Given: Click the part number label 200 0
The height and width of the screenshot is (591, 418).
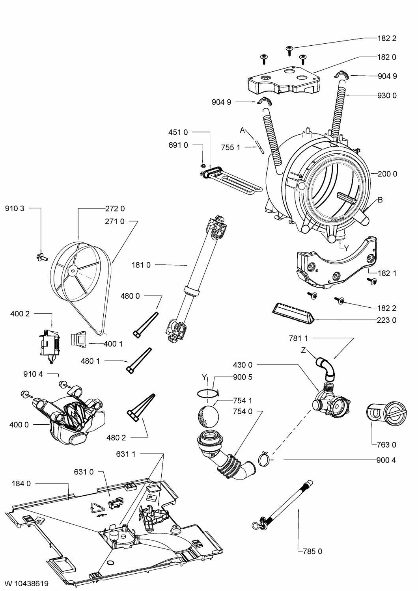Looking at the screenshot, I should [387, 174].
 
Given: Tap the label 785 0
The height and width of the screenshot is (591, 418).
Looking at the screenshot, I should [312, 552].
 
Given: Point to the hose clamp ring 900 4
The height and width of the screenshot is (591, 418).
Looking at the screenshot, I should [265, 459].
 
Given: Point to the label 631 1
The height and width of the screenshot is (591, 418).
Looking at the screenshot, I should [126, 454].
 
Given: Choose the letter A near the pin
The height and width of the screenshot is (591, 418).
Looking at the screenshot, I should [243, 130].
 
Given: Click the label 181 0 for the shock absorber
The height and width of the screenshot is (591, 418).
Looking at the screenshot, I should [141, 266].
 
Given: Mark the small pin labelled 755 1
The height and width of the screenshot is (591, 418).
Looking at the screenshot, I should [260, 148].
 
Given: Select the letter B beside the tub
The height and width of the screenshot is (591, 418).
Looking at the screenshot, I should [380, 200].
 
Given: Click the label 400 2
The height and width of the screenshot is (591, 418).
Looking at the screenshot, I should [20, 314].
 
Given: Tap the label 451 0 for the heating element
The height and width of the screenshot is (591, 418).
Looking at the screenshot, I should [178, 132].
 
